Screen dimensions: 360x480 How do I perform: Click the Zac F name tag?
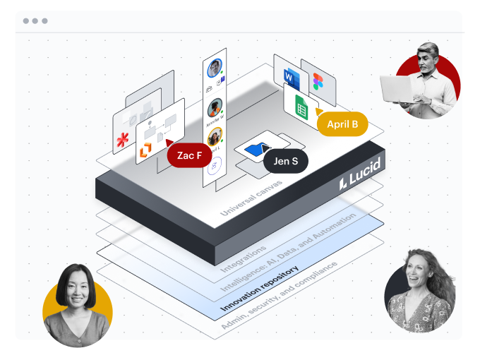(x=189, y=155)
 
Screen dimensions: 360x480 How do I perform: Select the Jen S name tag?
(x=285, y=162)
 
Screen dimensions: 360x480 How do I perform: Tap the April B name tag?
(x=342, y=124)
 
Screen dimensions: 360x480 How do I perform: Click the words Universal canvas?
(x=251, y=198)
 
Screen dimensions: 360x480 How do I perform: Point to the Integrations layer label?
(x=244, y=259)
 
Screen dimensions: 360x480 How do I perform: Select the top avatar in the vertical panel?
(x=215, y=68)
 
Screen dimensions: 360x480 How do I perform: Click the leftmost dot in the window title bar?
(x=26, y=21)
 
